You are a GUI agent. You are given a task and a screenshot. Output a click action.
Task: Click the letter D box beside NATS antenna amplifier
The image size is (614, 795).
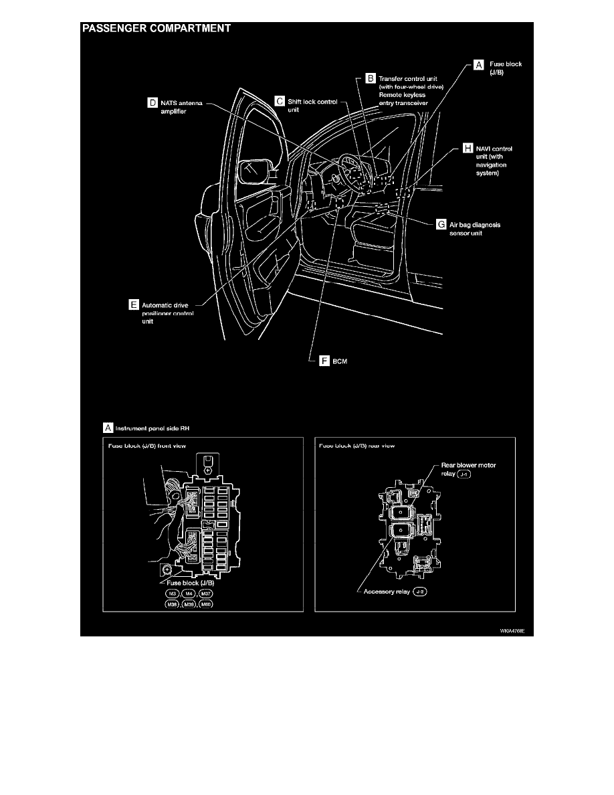click(x=152, y=103)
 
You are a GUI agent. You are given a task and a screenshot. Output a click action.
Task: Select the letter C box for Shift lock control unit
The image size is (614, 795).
click(x=280, y=100)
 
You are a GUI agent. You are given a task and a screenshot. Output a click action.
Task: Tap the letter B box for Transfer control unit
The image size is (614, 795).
click(x=371, y=78)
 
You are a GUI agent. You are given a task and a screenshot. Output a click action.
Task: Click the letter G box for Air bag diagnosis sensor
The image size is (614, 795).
click(x=441, y=225)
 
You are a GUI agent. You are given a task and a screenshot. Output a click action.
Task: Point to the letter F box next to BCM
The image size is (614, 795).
click(x=325, y=361)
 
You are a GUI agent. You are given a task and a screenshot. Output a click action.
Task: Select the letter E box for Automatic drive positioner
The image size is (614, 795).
click(x=134, y=304)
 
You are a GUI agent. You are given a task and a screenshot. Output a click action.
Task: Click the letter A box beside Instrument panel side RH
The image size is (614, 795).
click(x=108, y=426)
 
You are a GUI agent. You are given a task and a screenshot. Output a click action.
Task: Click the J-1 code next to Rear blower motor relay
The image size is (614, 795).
click(x=466, y=474)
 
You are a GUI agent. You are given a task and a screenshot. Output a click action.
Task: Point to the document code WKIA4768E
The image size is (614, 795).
click(x=501, y=630)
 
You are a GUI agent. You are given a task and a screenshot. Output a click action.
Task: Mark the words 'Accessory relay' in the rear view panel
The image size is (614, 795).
click(x=385, y=592)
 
